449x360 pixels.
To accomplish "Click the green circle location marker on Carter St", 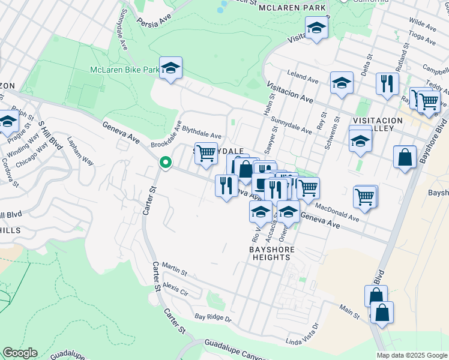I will point(164,163).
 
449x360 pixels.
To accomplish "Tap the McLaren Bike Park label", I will point(125,70).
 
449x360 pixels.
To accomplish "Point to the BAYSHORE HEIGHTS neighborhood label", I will point(270,253).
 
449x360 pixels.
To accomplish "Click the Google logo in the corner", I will point(20,353).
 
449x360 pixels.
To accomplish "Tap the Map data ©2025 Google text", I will point(412,355).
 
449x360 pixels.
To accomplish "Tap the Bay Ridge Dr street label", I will point(213,316).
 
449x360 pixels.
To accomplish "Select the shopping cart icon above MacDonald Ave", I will point(365,196).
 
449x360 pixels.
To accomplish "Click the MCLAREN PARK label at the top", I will point(292,8).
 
